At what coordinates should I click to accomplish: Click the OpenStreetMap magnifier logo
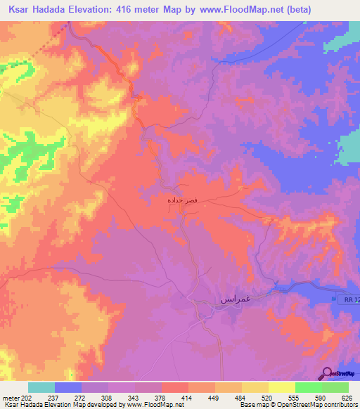(x=326, y=373)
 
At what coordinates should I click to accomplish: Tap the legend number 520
(x=268, y=397)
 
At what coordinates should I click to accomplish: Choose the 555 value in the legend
(x=295, y=397)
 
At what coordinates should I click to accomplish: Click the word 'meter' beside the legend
(x=11, y=397)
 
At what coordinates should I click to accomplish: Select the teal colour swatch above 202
(x=41, y=387)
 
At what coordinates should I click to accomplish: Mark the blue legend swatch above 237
(x=68, y=387)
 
